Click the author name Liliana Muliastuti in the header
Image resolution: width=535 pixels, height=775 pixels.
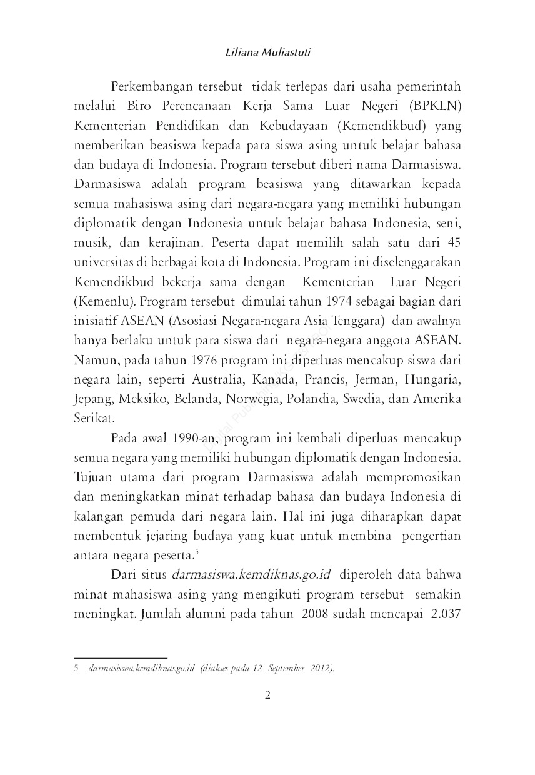267,52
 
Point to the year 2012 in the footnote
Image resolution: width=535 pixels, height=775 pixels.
321,668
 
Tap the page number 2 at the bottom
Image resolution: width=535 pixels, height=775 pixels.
267,696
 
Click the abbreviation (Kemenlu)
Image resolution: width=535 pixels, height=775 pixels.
104,302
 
